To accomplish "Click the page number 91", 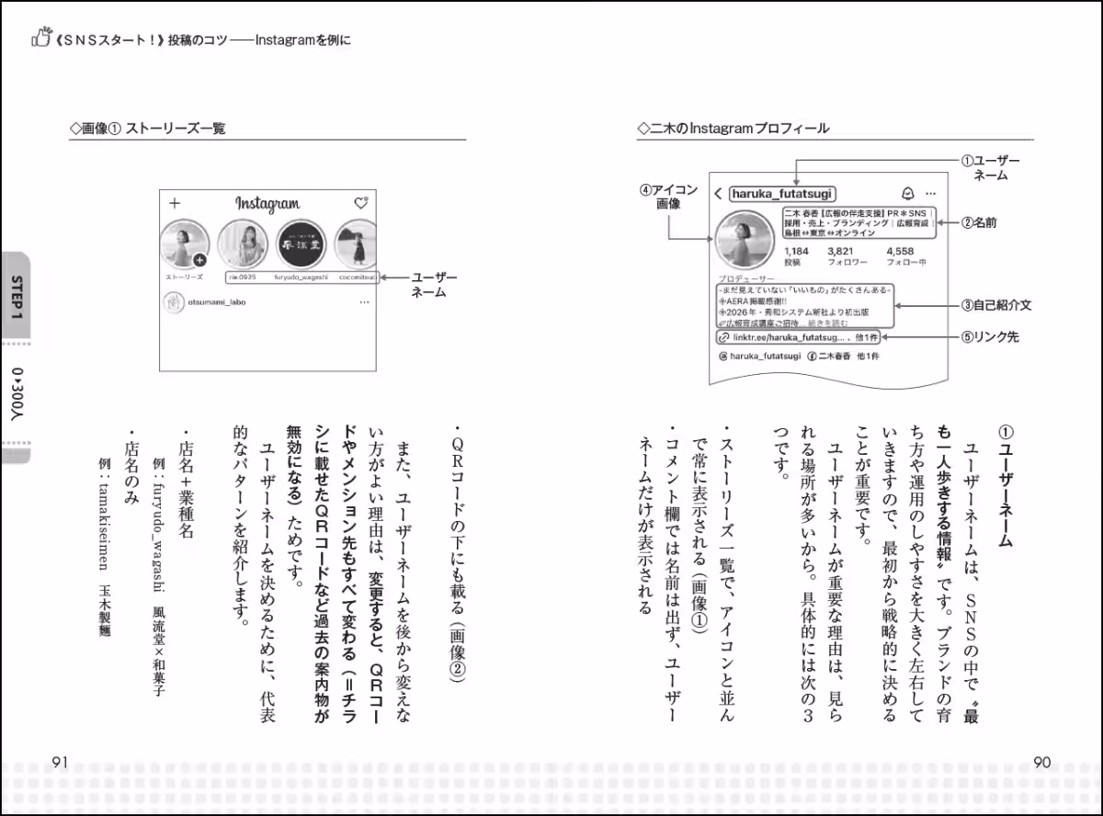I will point(61,762).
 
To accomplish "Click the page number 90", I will point(1041,762).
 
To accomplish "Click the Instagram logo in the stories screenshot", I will point(267,204).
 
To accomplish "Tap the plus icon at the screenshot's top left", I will point(175,203).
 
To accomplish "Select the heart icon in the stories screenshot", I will point(361,203).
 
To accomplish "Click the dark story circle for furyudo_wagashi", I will point(302,244).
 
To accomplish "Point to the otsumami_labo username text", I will point(217,302).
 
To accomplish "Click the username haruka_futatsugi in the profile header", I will point(781,193).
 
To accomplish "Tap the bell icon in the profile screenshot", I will point(908,193).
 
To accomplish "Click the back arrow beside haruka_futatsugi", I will point(718,194).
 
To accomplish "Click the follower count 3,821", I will point(841,250).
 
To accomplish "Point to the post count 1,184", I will point(796,250).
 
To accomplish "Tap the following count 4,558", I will point(900,250).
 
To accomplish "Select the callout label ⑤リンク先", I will point(990,337).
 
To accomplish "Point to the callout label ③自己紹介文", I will point(996,304).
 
